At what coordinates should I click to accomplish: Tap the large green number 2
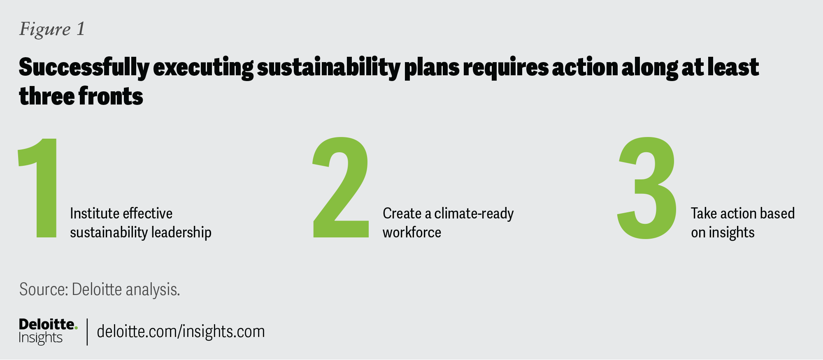point(341,187)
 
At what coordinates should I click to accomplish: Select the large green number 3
point(647,188)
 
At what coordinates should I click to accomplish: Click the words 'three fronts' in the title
point(81,96)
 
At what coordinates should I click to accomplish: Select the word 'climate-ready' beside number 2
point(474,214)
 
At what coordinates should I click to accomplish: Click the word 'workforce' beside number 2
point(412,233)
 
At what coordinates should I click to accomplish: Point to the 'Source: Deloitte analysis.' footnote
point(100,290)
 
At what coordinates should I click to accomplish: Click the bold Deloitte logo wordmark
point(47,324)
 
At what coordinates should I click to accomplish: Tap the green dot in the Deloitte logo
point(76,328)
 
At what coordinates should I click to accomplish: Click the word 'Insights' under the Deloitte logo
point(41,338)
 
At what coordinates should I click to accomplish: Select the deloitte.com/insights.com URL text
point(181,332)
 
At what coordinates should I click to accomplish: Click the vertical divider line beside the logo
point(87,332)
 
